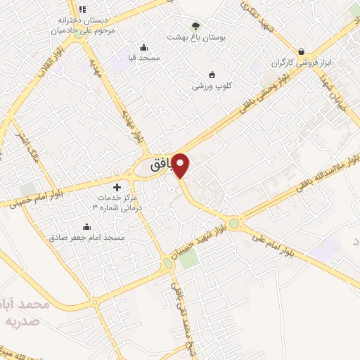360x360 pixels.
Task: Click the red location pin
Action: click(x=181, y=165)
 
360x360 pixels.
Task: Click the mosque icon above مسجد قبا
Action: click(x=144, y=47)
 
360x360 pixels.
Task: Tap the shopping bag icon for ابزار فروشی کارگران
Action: click(x=302, y=51)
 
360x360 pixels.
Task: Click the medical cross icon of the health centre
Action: click(x=117, y=187)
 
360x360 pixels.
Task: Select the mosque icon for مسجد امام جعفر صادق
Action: click(x=86, y=226)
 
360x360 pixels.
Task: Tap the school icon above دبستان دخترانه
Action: click(x=82, y=9)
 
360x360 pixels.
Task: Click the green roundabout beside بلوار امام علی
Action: click(x=234, y=224)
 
